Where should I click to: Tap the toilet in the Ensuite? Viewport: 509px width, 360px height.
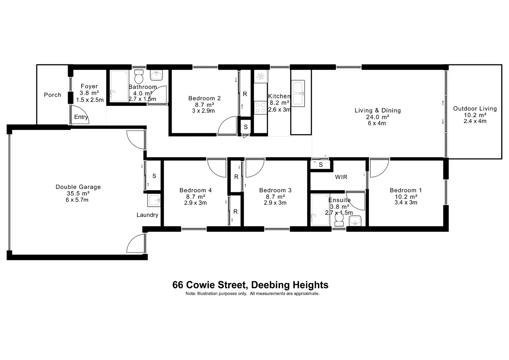pyautogui.click(x=339, y=219)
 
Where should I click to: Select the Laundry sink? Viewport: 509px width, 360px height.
pyautogui.click(x=154, y=201)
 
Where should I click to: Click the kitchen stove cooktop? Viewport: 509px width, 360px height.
pyautogui.click(x=260, y=108)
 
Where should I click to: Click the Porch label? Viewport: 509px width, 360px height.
pyautogui.click(x=53, y=95)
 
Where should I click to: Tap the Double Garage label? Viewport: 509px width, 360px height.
pyautogui.click(x=78, y=187)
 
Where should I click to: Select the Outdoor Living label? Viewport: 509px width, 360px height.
pyautogui.click(x=475, y=109)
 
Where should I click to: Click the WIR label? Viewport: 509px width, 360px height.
pyautogui.click(x=341, y=177)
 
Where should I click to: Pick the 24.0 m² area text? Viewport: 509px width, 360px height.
pyautogui.click(x=377, y=117)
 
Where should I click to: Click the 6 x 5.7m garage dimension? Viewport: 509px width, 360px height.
pyautogui.click(x=77, y=200)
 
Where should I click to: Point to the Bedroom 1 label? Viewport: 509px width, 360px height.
pyautogui.click(x=406, y=190)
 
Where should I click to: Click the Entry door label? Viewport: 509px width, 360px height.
pyautogui.click(x=81, y=117)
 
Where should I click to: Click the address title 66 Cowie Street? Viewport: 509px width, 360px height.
pyautogui.click(x=250, y=285)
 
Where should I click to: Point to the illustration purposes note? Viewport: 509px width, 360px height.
pyautogui.click(x=252, y=294)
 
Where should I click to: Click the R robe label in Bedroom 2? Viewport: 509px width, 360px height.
pyautogui.click(x=245, y=94)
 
